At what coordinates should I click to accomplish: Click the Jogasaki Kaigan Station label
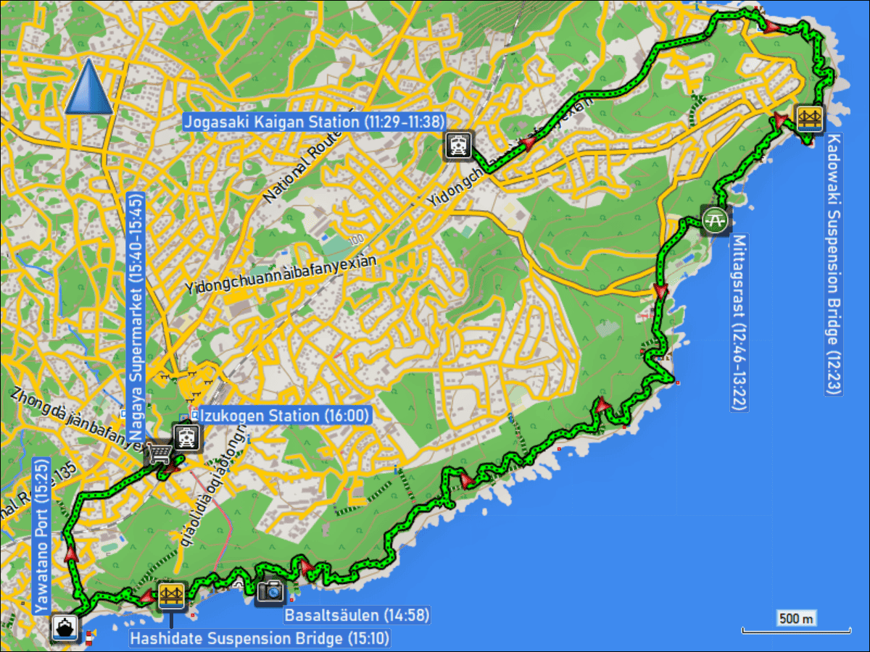click(x=314, y=122)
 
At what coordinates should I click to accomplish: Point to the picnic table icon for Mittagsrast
click(x=715, y=219)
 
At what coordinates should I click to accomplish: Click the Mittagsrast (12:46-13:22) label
click(x=739, y=322)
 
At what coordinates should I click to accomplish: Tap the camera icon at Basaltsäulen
click(x=271, y=591)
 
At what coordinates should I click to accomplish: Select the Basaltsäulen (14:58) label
click(x=357, y=616)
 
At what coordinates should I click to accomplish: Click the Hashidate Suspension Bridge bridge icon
click(x=171, y=595)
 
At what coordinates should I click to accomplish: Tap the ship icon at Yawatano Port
click(x=65, y=627)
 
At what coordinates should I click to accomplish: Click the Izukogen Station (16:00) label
click(x=285, y=415)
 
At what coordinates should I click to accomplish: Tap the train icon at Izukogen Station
click(x=187, y=436)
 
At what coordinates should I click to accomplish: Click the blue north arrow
click(x=88, y=87)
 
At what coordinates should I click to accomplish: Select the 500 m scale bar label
click(x=796, y=618)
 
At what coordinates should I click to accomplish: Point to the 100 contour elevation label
click(x=355, y=240)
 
